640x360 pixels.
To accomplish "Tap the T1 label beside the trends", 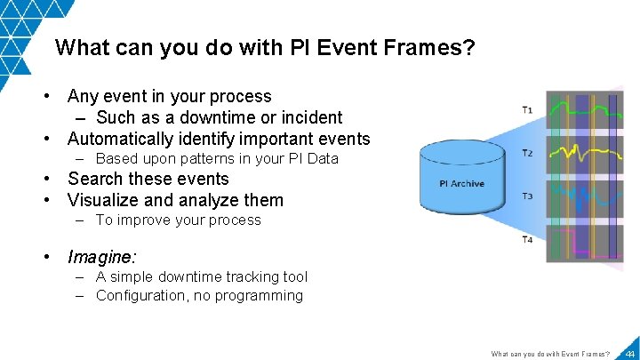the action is coord(527,110).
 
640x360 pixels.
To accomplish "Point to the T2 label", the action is coord(527,153).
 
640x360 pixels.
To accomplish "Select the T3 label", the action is coord(527,196).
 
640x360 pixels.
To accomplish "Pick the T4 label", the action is coord(527,239).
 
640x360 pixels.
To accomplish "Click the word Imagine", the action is coord(101,257).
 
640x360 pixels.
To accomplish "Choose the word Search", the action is coord(95,179).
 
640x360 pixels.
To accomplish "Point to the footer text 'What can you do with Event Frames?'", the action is coord(550,354).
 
